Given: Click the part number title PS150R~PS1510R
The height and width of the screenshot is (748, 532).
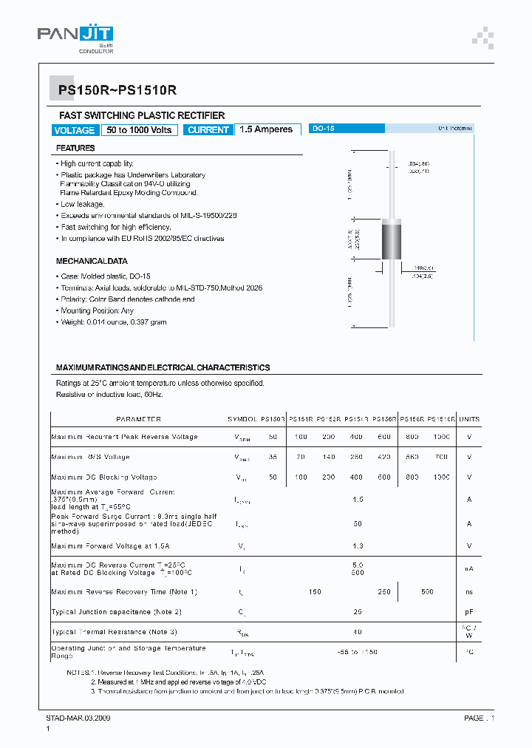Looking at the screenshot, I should pos(117,90).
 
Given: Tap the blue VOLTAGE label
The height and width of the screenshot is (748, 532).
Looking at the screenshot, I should pos(75,130).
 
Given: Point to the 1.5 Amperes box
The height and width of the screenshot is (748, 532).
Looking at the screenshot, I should pos(266,129).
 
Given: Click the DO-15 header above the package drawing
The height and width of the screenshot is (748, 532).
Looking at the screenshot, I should pos(324,129).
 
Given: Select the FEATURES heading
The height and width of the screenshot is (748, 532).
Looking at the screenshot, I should pos(75,149).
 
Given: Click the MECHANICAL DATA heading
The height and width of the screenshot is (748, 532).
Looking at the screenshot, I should pos(92,261).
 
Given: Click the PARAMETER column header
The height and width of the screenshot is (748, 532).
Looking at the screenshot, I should pos(139,419).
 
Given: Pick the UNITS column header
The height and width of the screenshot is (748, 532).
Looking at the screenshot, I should pos(469,419).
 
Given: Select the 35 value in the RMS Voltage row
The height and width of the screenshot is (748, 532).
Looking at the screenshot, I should pos(273,458).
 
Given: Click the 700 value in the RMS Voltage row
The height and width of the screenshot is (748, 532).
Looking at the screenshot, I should pos(442,458).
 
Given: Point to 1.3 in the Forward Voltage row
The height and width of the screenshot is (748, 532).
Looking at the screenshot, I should pos(358,546).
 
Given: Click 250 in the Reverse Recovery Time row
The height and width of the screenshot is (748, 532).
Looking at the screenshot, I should pos(384,592).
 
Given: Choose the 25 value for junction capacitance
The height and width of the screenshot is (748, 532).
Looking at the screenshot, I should pos(358,612).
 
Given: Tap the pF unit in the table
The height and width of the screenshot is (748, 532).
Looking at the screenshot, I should pos(469,612).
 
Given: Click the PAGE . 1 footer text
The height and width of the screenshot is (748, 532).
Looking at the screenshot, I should pos(480,718).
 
